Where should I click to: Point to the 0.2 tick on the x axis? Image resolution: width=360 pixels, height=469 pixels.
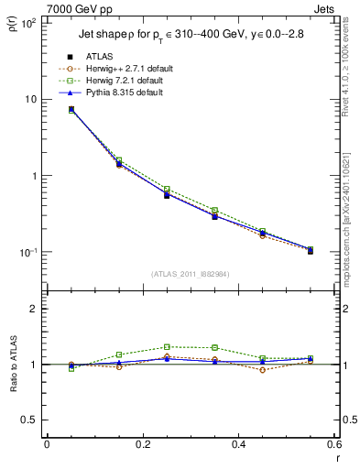click(142, 445)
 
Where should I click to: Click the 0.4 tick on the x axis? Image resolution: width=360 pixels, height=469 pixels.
click(238, 445)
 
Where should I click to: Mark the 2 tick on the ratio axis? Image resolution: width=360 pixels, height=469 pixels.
click(33, 309)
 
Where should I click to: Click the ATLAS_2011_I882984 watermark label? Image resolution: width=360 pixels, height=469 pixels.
click(190, 274)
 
